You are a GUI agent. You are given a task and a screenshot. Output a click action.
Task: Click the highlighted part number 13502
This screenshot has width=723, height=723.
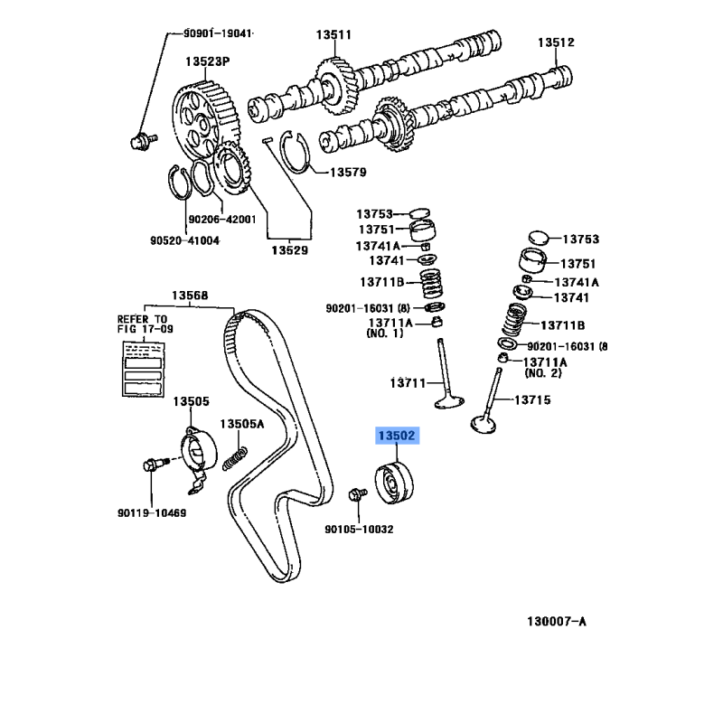[396, 436]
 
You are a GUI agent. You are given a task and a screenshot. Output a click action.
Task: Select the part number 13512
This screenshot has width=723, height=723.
[557, 42]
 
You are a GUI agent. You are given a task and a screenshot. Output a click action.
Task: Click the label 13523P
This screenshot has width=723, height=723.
[208, 61]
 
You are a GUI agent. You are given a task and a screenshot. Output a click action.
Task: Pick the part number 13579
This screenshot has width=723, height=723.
[347, 172]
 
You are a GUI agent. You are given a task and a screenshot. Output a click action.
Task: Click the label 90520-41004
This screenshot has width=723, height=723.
[184, 240]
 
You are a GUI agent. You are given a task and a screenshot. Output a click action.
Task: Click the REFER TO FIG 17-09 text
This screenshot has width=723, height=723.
[142, 324]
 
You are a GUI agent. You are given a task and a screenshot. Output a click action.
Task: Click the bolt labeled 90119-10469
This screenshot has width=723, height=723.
[151, 466]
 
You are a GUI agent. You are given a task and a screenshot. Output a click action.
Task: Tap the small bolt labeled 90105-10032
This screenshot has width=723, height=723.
[356, 494]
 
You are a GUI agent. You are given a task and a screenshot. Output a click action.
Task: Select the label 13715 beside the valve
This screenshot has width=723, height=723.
[533, 399]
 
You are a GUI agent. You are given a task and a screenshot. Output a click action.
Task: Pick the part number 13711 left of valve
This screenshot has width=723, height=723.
[408, 382]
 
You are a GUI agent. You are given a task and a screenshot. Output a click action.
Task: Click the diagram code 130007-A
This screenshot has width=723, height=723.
[557, 621]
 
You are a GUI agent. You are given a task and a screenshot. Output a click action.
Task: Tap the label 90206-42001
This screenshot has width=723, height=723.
[222, 219]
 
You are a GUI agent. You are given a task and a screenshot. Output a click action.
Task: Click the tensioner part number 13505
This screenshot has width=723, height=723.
[192, 400]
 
